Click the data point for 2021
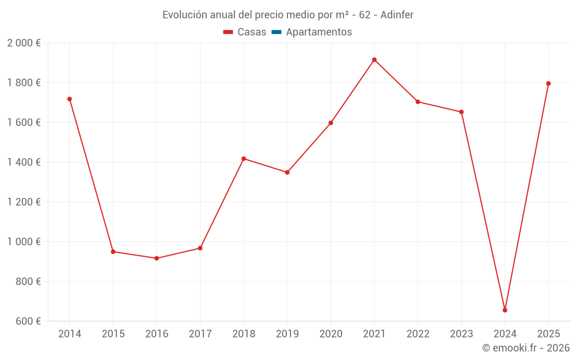click(374, 60)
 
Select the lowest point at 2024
click(505, 310)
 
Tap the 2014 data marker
click(70, 99)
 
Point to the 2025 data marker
click(548, 84)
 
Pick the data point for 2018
click(244, 158)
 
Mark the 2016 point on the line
click(157, 258)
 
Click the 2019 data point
click(287, 172)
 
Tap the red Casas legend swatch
click(228, 32)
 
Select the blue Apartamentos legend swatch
click(276, 32)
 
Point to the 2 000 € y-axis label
click(24, 43)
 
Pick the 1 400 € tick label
click(24, 162)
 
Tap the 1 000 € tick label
click(24, 242)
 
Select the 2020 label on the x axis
click(331, 334)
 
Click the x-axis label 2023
click(461, 334)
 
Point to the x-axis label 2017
click(200, 334)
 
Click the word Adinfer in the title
click(397, 15)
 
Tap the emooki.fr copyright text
click(526, 348)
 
